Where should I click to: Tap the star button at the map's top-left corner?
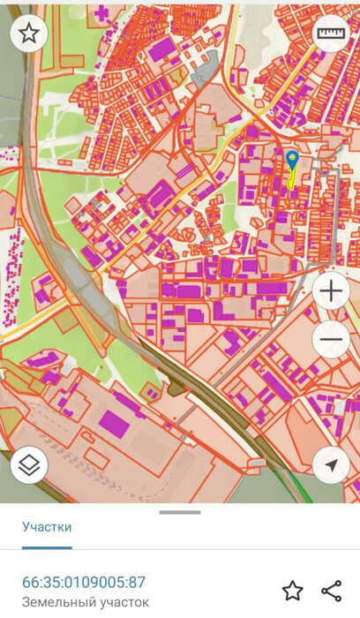[x=29, y=34]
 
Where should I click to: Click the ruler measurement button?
[x=332, y=34]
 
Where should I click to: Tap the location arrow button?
[x=332, y=464]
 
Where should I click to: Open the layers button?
[x=29, y=464]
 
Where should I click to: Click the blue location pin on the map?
[x=292, y=160]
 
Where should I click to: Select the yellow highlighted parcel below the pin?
[x=290, y=180]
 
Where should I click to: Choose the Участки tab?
[x=47, y=527]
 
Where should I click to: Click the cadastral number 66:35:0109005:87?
[x=84, y=582]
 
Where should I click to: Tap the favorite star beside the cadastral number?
[x=292, y=591]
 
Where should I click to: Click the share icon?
[x=332, y=591]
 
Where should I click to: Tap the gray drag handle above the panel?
[x=180, y=512]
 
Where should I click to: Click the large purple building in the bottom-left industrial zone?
[x=113, y=421]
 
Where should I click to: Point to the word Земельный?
[x=54, y=602]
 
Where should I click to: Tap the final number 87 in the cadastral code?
[x=137, y=582]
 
